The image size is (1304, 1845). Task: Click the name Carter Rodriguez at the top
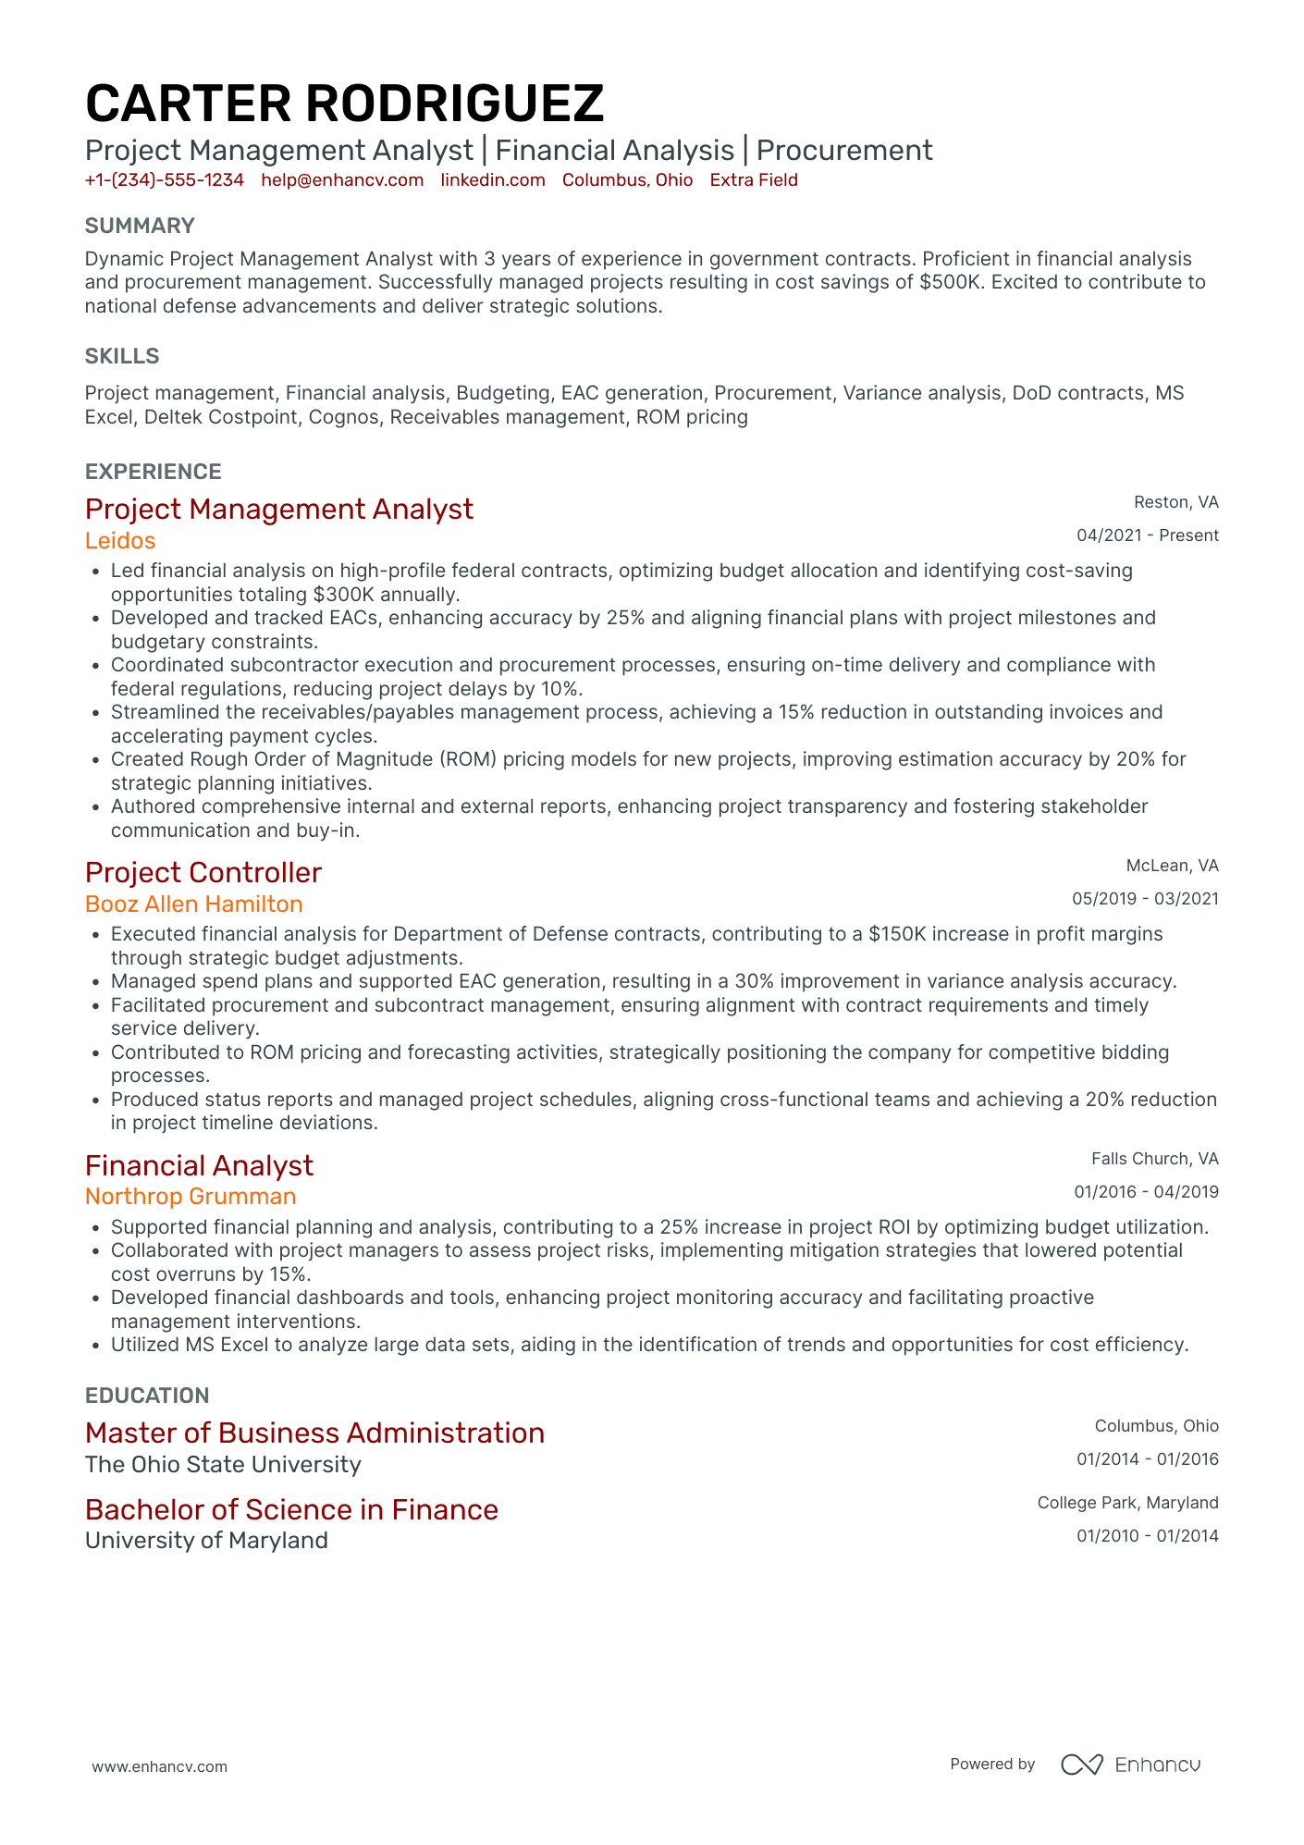(x=344, y=103)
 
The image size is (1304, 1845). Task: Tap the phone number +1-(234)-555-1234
(x=164, y=180)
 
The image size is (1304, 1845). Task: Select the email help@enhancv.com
(x=342, y=180)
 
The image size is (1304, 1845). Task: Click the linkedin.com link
(x=493, y=180)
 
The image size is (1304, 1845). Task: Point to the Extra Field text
(x=754, y=180)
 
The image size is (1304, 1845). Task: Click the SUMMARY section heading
(x=140, y=226)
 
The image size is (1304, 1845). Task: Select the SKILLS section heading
(x=122, y=356)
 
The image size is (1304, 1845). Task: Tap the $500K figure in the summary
(x=949, y=282)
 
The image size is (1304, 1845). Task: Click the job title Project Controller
(x=203, y=872)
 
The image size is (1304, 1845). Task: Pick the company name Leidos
(x=120, y=540)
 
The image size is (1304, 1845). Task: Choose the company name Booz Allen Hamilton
(x=194, y=904)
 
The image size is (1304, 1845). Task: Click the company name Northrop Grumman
(x=191, y=1196)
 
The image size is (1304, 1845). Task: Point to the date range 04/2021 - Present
(x=1147, y=535)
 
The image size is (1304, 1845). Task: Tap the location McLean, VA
(x=1172, y=866)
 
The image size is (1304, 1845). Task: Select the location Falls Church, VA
(x=1154, y=1159)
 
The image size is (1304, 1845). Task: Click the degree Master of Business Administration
(x=314, y=1433)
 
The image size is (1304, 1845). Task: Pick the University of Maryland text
(x=206, y=1540)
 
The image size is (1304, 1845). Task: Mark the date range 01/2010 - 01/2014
(x=1147, y=1536)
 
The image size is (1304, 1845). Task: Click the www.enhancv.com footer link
(x=159, y=1766)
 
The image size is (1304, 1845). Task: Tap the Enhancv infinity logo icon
(x=1081, y=1765)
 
